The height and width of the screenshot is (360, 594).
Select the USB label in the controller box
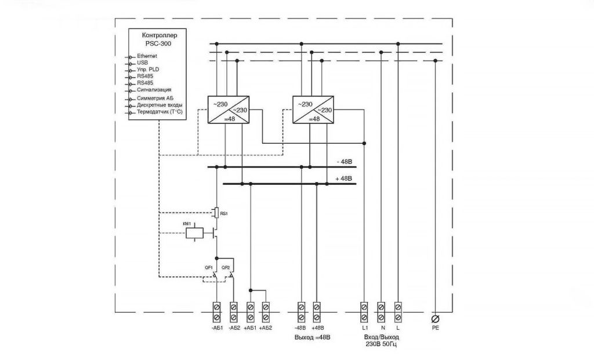tap(143, 62)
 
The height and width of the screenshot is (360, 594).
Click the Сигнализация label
tap(154, 90)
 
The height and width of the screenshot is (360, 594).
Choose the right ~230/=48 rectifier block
tap(314, 109)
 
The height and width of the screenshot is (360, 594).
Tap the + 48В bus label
tap(344, 178)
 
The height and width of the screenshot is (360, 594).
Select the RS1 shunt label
tap(224, 213)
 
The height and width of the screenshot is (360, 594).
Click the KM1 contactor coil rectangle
tap(194, 233)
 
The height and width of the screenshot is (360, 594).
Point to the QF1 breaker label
tap(208, 267)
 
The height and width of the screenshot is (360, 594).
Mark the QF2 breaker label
tap(226, 267)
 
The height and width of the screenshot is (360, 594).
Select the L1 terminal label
tap(364, 328)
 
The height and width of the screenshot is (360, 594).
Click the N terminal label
tap(381, 328)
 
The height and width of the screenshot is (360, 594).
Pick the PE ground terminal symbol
tap(435, 319)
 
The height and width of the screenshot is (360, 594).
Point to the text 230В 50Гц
tap(381, 344)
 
